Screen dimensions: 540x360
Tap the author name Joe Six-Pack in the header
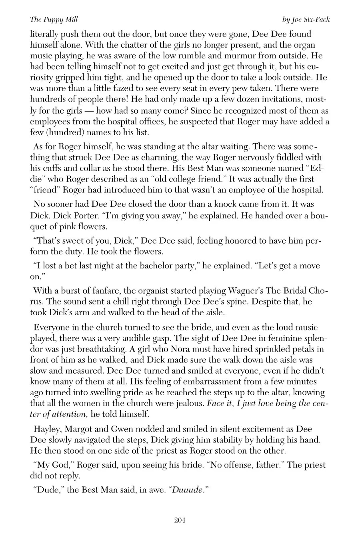[x=306, y=20]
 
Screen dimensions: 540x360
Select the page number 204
[x=180, y=520]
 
